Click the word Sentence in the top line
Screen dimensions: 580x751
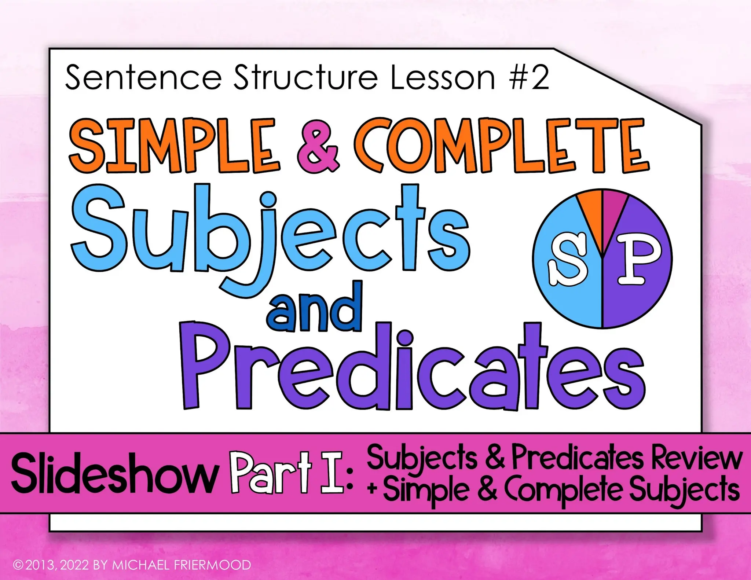click(x=143, y=78)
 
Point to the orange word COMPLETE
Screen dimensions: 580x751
click(x=501, y=146)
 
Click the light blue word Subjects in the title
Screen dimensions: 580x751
click(x=270, y=235)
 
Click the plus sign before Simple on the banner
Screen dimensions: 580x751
click(x=373, y=489)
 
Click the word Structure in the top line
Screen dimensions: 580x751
click(x=306, y=78)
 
